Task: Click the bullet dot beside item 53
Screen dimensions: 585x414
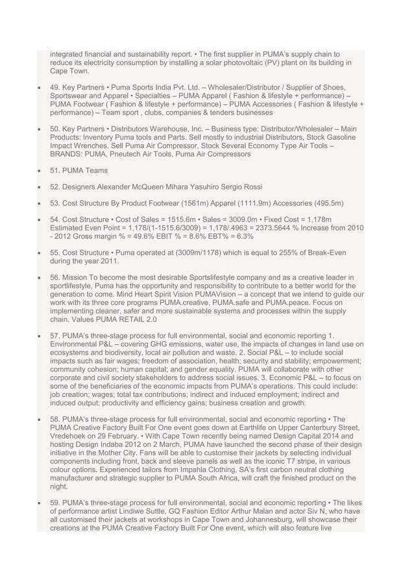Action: tap(41, 204)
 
